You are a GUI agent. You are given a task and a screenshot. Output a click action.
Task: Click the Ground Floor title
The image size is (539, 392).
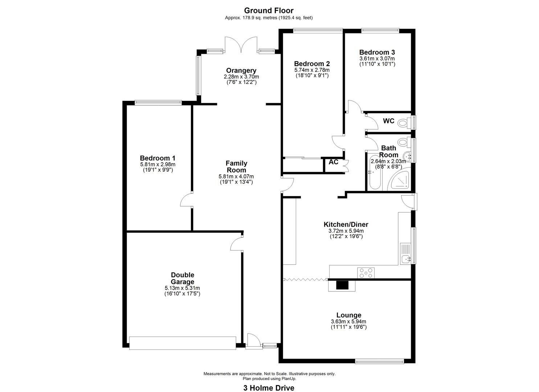[269, 11]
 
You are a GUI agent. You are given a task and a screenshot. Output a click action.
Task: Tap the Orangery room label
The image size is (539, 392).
[241, 70]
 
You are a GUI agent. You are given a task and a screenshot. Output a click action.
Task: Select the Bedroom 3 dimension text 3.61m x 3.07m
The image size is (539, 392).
[377, 58]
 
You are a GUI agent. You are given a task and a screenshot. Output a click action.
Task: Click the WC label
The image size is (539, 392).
[389, 121]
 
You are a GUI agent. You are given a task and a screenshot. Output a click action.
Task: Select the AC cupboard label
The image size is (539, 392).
[334, 162]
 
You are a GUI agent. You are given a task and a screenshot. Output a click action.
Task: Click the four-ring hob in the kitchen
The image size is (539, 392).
[366, 273]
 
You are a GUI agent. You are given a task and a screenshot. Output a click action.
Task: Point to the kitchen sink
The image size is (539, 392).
[406, 254]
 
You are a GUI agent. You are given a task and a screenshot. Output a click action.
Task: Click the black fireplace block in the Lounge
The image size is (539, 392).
[342, 285]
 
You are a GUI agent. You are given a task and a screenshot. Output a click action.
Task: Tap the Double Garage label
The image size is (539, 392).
[183, 278]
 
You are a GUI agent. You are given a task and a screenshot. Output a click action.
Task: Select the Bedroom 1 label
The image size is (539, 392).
[158, 158]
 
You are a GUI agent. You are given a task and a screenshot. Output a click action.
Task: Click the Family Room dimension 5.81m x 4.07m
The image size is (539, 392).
[236, 176]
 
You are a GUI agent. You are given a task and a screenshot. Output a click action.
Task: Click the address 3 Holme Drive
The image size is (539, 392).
[269, 381]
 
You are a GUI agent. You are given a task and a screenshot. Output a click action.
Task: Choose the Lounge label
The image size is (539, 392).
[349, 315]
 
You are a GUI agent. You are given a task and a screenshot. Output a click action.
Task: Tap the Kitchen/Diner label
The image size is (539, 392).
[346, 225]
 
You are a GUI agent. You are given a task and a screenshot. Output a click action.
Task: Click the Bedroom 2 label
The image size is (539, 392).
[312, 64]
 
